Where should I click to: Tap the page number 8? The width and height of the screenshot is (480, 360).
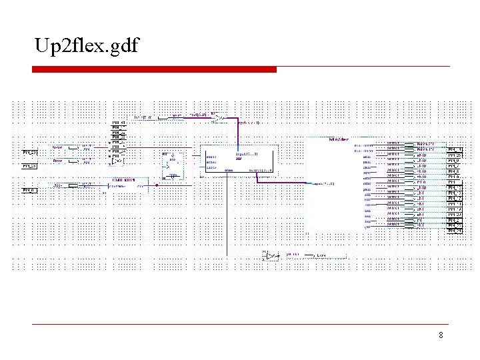441,335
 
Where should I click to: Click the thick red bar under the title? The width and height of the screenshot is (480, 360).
154,69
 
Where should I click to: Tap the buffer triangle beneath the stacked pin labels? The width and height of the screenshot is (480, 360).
117,161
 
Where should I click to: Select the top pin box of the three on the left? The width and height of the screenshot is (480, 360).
29,153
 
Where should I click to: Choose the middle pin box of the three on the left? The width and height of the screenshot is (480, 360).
29,165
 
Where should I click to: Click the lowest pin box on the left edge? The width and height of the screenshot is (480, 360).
29,191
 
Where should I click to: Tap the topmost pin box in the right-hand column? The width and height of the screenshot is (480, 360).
455,149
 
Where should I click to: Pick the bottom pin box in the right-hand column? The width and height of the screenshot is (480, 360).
455,231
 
